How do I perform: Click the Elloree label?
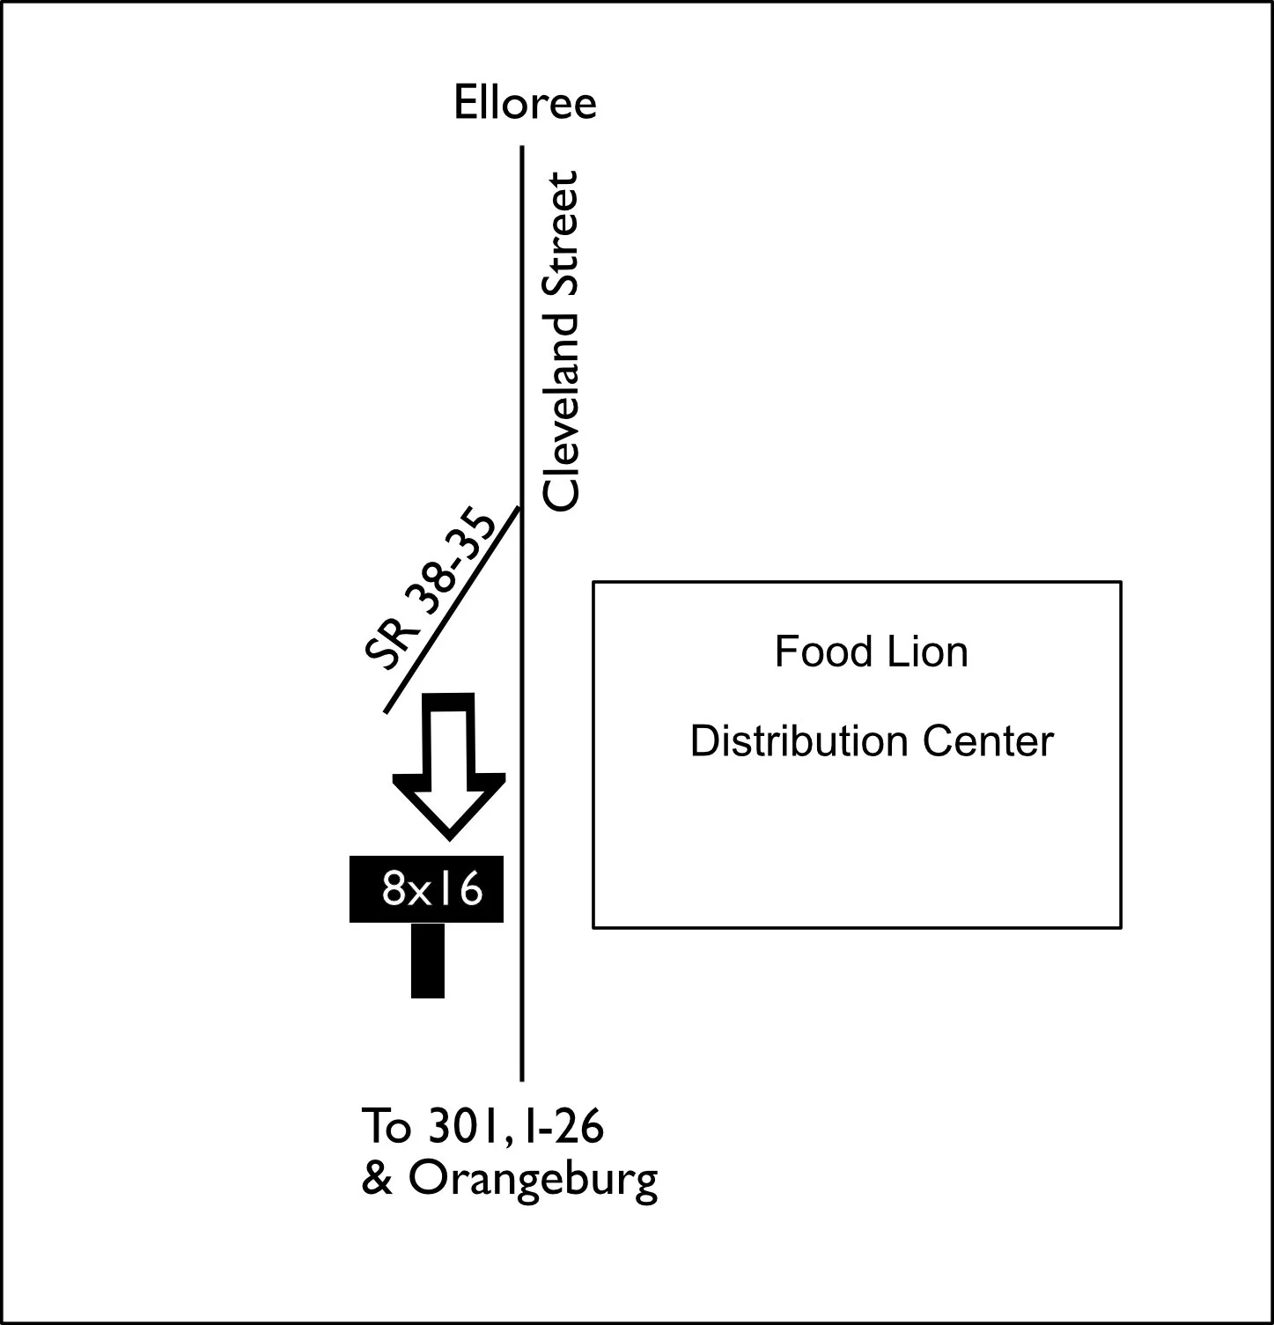point(525,102)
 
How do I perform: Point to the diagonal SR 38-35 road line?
point(453,609)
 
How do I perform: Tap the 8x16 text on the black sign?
point(432,889)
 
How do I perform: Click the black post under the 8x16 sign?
point(428,961)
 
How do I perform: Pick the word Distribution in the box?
point(800,741)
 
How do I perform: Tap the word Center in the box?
point(989,741)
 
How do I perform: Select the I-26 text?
point(562,1126)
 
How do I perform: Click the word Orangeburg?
point(533,1181)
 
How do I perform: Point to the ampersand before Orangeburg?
point(377,1179)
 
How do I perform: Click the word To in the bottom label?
point(387,1126)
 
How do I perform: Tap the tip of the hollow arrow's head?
point(449,838)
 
